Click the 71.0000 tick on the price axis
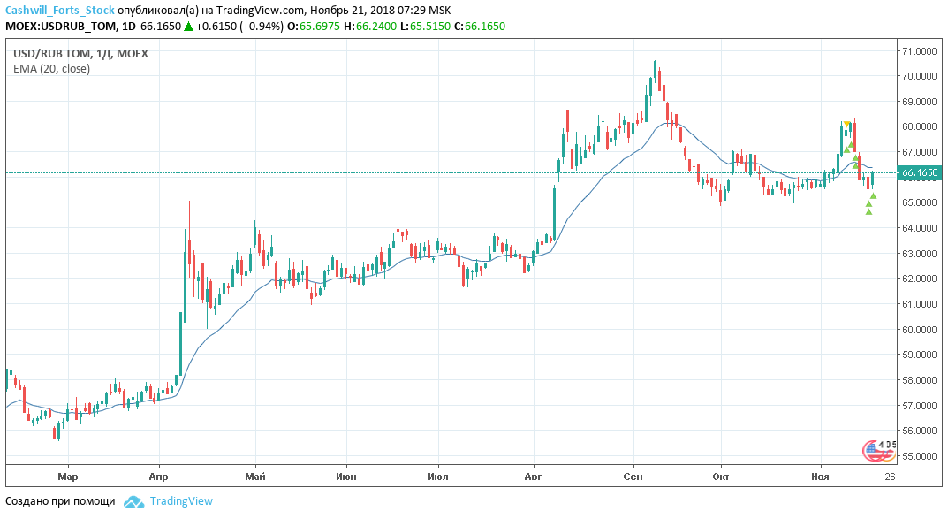[920, 51]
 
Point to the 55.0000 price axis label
[920, 456]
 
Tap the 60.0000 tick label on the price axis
[920, 330]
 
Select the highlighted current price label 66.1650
[920, 174]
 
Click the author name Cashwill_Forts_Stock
[60, 10]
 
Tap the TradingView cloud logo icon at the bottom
[133, 501]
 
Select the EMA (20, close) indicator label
[51, 68]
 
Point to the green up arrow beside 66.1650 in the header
[188, 27]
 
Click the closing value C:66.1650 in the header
[479, 27]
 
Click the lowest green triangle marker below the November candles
[869, 210]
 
